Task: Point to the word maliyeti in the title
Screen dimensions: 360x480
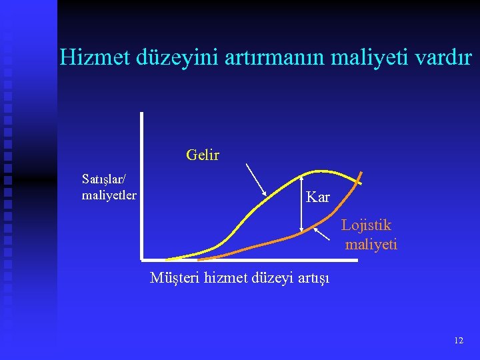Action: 365,57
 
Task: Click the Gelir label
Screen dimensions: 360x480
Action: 203,155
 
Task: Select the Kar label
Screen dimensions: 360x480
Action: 317,197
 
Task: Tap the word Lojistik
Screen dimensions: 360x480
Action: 366,225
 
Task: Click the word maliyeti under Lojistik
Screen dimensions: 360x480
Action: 371,245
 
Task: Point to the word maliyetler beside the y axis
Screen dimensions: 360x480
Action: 109,195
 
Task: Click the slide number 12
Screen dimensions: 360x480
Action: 458,340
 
